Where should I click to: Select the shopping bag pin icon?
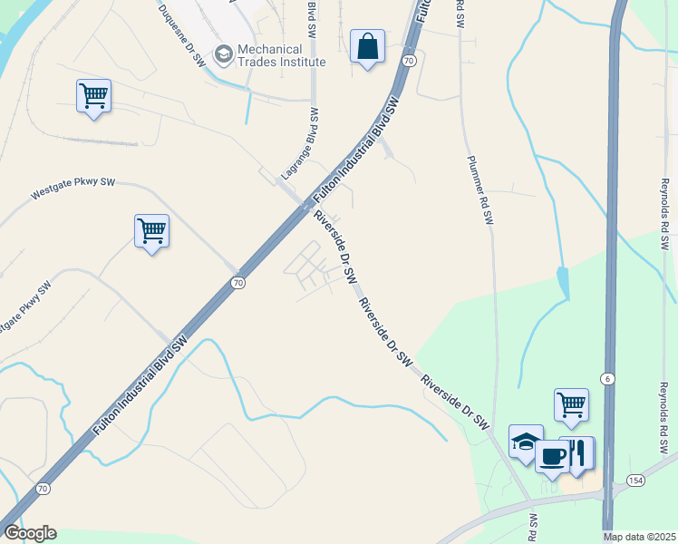[x=367, y=46]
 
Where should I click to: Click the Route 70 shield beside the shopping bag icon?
[x=409, y=61]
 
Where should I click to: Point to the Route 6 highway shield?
[x=606, y=378]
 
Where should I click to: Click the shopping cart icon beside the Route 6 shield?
[x=571, y=404]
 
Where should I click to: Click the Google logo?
[x=30, y=533]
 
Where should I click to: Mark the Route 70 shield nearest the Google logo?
[x=43, y=489]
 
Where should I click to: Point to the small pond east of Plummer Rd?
[x=564, y=282]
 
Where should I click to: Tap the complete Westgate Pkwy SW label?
[x=73, y=188]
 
